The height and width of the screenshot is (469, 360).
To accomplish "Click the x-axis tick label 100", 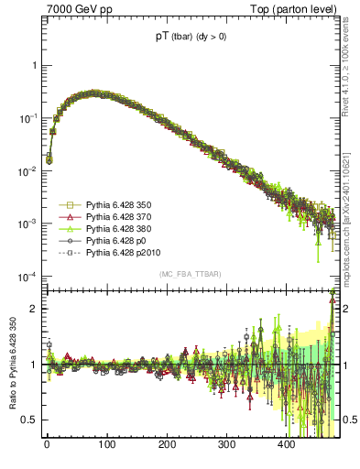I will [106, 445].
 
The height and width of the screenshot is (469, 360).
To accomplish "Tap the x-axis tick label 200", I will [167, 445].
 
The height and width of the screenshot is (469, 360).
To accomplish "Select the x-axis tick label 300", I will [226, 445].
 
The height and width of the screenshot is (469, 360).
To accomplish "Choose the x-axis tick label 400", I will [286, 445].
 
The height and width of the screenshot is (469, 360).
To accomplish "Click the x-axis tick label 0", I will [47, 445].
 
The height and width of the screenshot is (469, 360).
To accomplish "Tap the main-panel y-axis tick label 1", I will [33, 66].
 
